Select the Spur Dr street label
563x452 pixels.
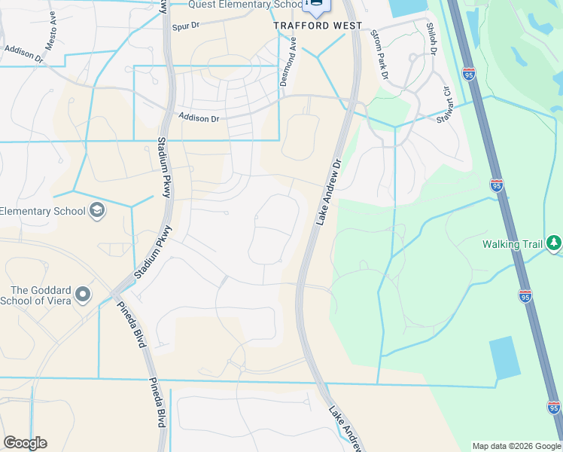184,26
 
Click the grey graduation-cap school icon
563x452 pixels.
96,210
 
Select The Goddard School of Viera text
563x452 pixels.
41,295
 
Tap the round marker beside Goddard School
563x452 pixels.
83,294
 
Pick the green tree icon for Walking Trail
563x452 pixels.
554,243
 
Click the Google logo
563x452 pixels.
25,443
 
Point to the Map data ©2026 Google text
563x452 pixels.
516,446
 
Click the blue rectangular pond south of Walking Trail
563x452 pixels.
504,357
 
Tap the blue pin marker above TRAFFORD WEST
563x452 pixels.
315,6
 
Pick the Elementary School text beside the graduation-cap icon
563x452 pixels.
43,211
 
